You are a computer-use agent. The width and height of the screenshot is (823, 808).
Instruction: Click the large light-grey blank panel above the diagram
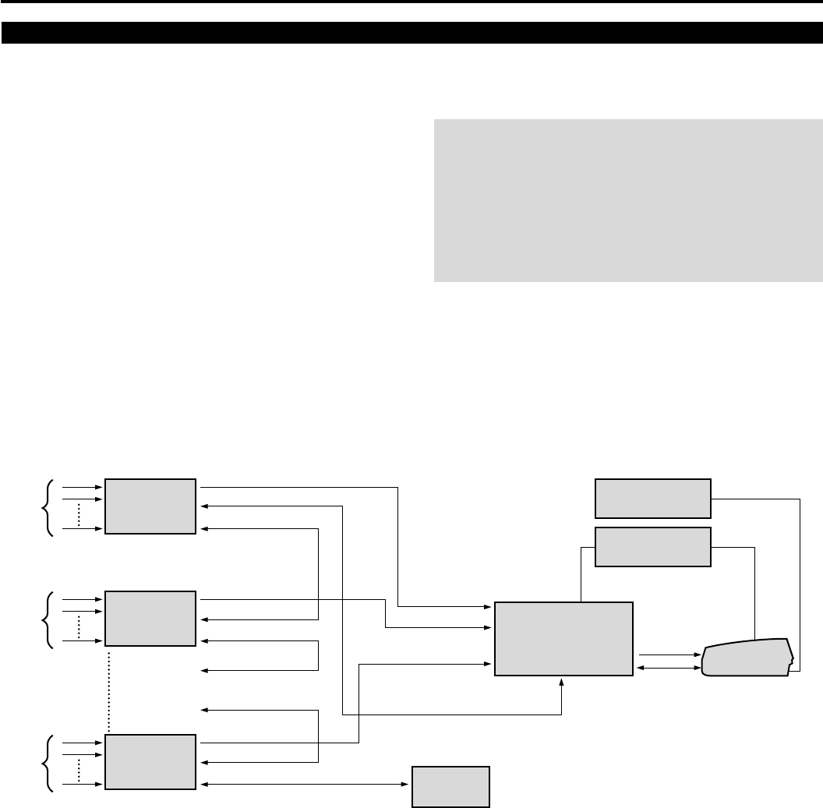(627, 200)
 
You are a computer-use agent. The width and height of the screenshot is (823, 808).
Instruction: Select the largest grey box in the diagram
(563, 639)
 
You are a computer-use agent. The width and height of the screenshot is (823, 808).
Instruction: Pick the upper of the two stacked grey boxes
(652, 498)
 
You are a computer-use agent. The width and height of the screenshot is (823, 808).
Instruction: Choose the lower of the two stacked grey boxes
(652, 548)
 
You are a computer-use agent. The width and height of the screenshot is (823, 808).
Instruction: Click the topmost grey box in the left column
(150, 506)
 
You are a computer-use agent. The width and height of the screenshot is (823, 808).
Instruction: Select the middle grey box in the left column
(150, 619)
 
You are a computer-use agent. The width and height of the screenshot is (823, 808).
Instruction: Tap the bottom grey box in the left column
(150, 761)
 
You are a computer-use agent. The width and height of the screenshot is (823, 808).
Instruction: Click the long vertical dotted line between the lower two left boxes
(108, 690)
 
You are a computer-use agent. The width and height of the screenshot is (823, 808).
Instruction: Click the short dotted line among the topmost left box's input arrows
(79, 514)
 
